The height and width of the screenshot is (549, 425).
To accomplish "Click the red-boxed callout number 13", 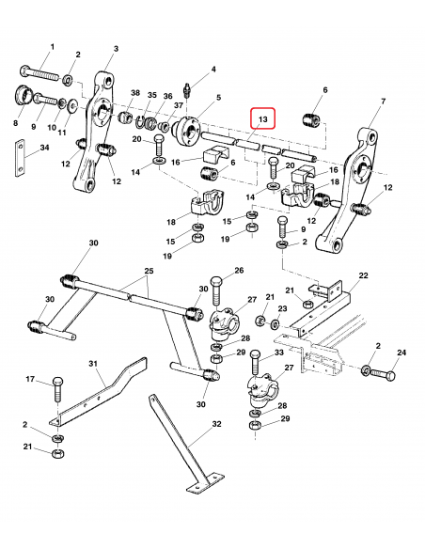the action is pos(262,119).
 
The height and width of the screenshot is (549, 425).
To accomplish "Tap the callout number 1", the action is pos(53,46).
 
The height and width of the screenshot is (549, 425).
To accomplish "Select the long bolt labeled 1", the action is pos(40,73).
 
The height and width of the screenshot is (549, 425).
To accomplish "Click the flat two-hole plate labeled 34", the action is pos(21,159).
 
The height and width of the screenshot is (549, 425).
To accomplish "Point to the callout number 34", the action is pos(44,148).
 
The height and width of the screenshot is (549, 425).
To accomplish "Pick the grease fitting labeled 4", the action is pos(188,90).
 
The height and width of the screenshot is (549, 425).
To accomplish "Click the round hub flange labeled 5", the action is pos(186,131).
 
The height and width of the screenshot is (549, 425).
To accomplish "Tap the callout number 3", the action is pos(116,49).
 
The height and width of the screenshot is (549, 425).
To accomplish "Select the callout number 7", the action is pos(384,102).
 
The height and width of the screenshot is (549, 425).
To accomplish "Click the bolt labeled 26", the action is pos(217,292).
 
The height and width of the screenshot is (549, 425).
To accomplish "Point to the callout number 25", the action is pos(149,271).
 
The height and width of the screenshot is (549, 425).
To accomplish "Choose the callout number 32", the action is pos(217,424).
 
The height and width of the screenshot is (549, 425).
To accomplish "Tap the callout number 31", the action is pos(93,364).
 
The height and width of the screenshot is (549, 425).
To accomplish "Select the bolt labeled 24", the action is pos(383,375).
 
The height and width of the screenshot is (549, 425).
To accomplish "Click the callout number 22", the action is pos(364,275).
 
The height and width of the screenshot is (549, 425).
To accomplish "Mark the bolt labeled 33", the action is pos(256,363).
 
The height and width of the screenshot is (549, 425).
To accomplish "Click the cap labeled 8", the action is pos(23,95).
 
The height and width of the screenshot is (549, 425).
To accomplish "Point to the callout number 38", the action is pos(135,93).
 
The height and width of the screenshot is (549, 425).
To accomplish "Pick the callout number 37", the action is pos(179,105).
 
